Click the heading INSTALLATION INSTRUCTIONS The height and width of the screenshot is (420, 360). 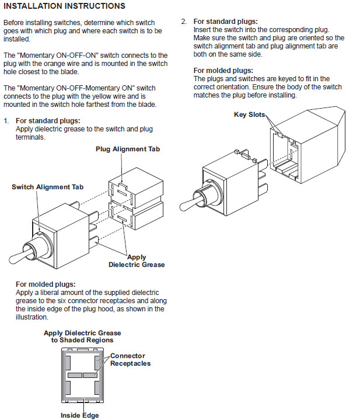pyautogui.click(x=65, y=6)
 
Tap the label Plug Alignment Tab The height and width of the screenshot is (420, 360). pyautogui.click(x=127, y=149)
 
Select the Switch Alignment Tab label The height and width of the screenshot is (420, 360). pyautogui.click(x=47, y=187)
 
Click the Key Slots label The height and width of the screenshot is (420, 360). pyautogui.click(x=250, y=114)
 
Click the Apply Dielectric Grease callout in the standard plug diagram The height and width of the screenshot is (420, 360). pyautogui.click(x=137, y=261)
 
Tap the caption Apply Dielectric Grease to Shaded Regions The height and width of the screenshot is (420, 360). pyautogui.click(x=78, y=336)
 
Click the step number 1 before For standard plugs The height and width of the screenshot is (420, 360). pyautogui.click(x=6, y=120)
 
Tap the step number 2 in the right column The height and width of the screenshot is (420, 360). pyautogui.click(x=183, y=22)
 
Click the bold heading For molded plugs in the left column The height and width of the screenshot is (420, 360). pyautogui.click(x=46, y=284)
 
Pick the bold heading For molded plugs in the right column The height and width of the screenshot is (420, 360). pyautogui.click(x=223, y=71)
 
